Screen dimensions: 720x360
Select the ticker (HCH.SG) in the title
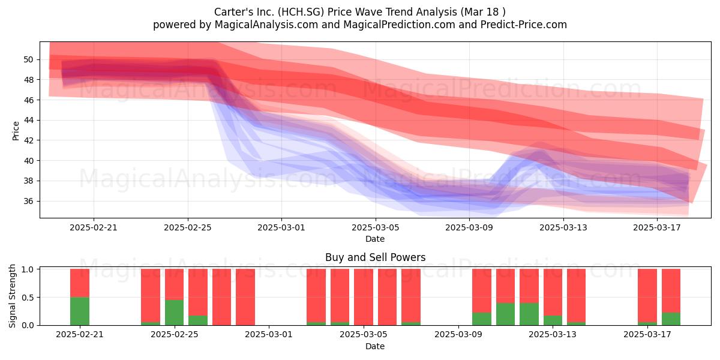tap(301, 12)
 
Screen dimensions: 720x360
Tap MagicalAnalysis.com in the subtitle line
tap(266, 25)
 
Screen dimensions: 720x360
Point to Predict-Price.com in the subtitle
tap(524, 25)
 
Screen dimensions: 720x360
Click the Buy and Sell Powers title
tap(375, 257)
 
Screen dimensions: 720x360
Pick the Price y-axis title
tap(16, 131)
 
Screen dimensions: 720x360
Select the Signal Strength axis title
tap(12, 296)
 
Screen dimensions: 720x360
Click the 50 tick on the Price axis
tap(28, 59)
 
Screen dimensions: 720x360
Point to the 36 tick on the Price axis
tap(28, 201)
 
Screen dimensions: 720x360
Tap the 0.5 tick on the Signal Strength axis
tap(28, 298)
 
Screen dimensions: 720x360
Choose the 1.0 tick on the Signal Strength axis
tap(28, 269)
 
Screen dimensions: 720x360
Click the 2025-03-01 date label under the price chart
tap(281, 227)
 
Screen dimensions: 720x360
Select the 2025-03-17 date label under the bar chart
tap(647, 335)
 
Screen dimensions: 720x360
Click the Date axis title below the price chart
tap(375, 239)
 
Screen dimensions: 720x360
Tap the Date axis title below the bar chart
tap(375, 346)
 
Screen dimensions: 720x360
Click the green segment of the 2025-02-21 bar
tap(80, 311)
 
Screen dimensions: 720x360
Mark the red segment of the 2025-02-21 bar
tap(80, 283)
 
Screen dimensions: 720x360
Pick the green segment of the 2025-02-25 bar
tap(175, 313)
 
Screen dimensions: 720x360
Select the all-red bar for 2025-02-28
tap(245, 297)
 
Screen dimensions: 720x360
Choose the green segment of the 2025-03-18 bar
tap(671, 319)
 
